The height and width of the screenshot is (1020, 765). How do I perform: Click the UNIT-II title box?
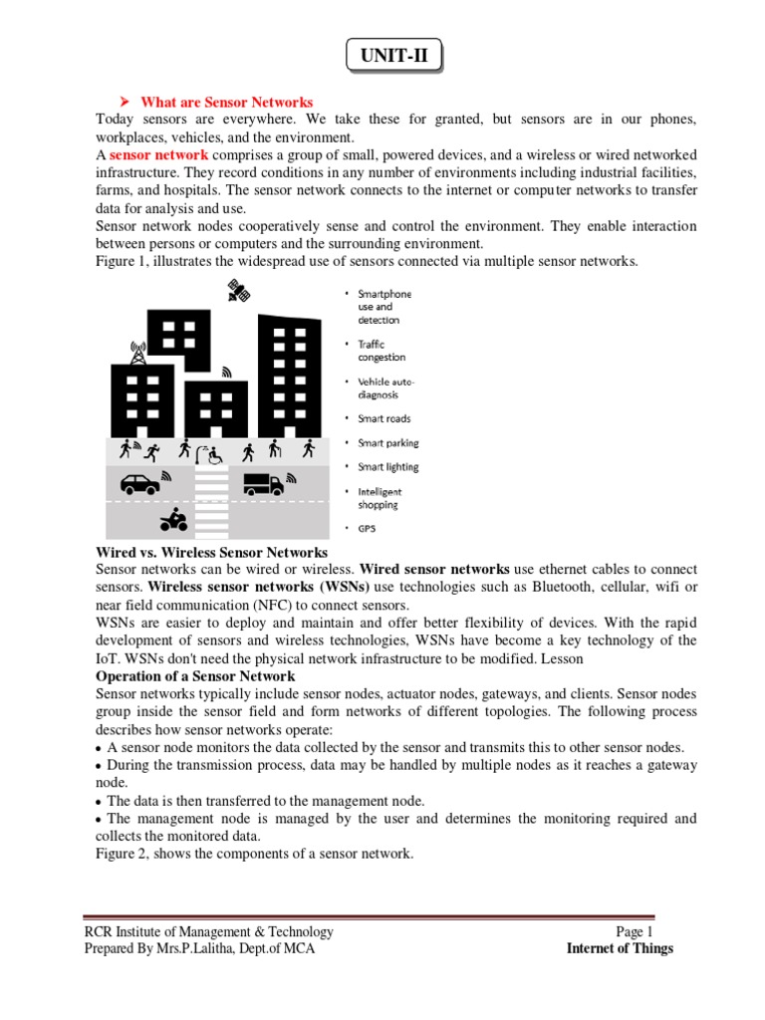[x=393, y=56]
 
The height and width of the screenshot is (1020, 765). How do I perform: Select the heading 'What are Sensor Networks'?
[x=226, y=103]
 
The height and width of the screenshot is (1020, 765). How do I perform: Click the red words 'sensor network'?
[x=158, y=155]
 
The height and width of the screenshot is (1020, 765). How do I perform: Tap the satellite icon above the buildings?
[x=237, y=290]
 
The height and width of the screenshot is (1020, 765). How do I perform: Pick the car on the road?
[x=138, y=485]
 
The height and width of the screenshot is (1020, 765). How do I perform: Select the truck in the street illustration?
[x=263, y=484]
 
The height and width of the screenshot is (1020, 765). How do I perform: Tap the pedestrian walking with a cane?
[x=274, y=449]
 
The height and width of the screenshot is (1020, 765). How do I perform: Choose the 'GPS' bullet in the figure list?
[x=368, y=529]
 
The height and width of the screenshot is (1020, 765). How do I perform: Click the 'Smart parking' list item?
[x=387, y=443]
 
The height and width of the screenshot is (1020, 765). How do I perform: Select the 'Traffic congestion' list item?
[x=382, y=351]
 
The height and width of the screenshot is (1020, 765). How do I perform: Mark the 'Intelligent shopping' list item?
[x=380, y=498]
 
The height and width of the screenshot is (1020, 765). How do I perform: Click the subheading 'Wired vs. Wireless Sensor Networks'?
[x=211, y=553]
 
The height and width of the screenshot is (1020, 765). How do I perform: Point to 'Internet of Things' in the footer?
[x=620, y=948]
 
